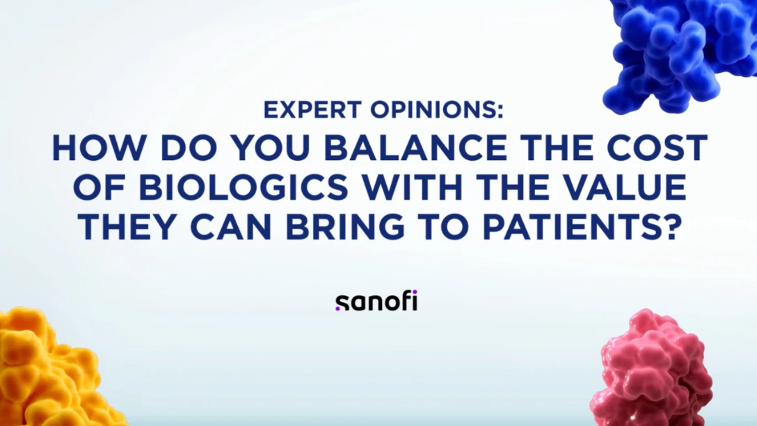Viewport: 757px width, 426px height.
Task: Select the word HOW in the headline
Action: coord(99,148)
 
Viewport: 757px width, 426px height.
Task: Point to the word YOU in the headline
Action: coord(271,148)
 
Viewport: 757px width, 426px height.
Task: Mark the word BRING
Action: coord(344,226)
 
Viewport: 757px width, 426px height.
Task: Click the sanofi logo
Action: coord(376,301)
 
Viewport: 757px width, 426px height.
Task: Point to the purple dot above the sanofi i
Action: coord(414,292)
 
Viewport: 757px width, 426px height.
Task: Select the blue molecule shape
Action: coord(680,53)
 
